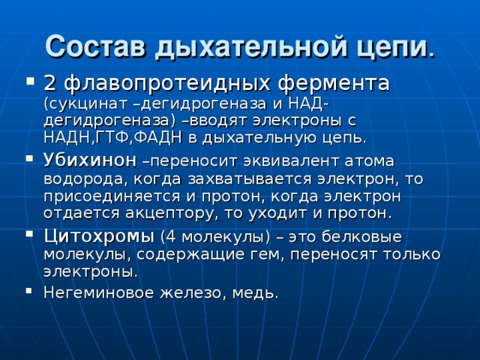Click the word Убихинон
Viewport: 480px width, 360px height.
coord(90,160)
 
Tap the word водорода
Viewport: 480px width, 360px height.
coord(83,178)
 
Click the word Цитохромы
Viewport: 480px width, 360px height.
coord(99,236)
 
